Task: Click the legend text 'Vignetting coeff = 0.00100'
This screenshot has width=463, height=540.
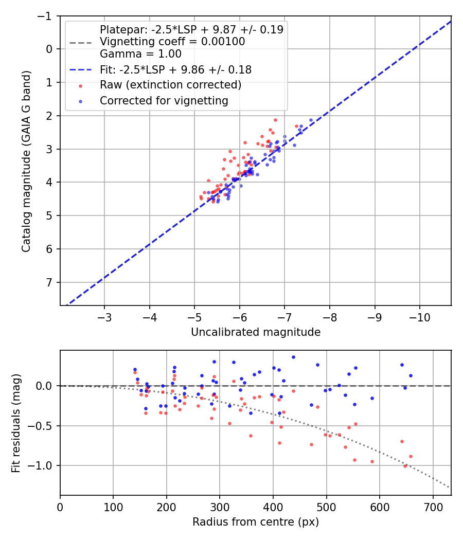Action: pos(172,42)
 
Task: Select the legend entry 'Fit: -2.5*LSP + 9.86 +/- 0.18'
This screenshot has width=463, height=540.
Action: pos(175,69)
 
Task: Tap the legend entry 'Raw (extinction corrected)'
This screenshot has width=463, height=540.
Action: pos(171,85)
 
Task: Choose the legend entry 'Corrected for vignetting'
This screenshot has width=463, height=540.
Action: pos(164,101)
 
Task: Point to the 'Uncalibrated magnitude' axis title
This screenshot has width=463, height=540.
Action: pos(256,332)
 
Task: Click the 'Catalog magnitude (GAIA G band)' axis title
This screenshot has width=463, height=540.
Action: pos(27,161)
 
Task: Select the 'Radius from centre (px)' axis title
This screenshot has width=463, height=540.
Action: pos(256,522)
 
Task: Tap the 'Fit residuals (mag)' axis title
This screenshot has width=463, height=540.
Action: pos(16,423)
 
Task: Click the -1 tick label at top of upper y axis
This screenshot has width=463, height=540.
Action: pos(46,16)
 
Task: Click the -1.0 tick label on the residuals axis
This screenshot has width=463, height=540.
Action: pos(42,465)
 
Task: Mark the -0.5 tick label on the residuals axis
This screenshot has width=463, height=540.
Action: pos(42,426)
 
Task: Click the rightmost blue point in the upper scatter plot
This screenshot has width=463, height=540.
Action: pos(311,120)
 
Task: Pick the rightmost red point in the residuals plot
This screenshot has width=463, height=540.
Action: pos(411,456)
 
